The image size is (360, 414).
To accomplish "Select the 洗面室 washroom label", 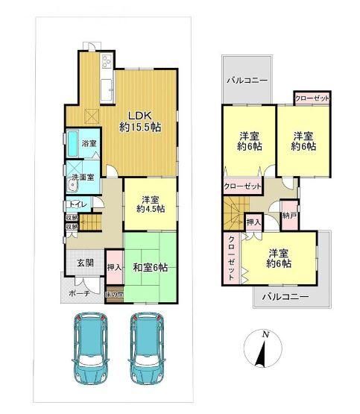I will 83,178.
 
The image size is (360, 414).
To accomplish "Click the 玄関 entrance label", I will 85,263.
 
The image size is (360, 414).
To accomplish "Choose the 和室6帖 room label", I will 149,266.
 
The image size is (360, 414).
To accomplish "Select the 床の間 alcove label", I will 114,294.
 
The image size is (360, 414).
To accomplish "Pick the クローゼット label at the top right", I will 312,98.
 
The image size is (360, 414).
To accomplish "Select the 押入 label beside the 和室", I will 114,266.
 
